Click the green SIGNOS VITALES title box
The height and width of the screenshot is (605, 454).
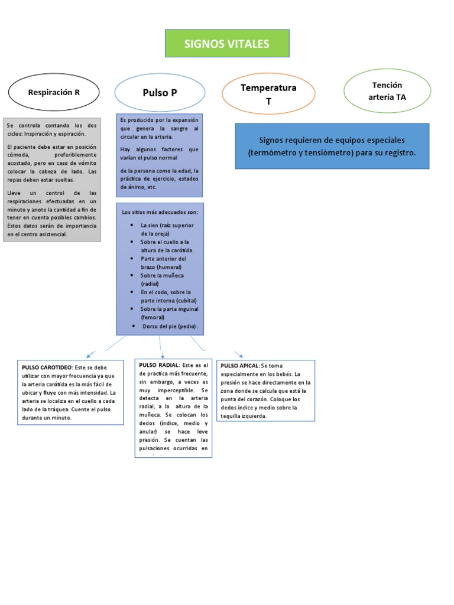point(227,44)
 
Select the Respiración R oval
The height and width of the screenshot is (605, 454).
point(53,92)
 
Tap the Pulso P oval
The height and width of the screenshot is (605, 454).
point(160,92)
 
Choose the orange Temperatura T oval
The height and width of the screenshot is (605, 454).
point(268,94)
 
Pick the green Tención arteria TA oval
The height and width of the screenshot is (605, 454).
point(387,91)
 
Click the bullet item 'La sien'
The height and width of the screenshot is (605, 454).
point(151,225)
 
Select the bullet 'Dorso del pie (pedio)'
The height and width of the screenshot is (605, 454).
point(170,326)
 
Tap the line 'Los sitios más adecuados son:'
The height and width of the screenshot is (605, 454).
point(160,212)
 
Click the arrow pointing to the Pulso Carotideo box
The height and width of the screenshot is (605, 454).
point(89,355)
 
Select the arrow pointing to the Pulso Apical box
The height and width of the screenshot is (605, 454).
point(239,354)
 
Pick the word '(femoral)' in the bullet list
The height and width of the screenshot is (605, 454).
point(153,317)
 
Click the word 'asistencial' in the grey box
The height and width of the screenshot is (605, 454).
point(53,234)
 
